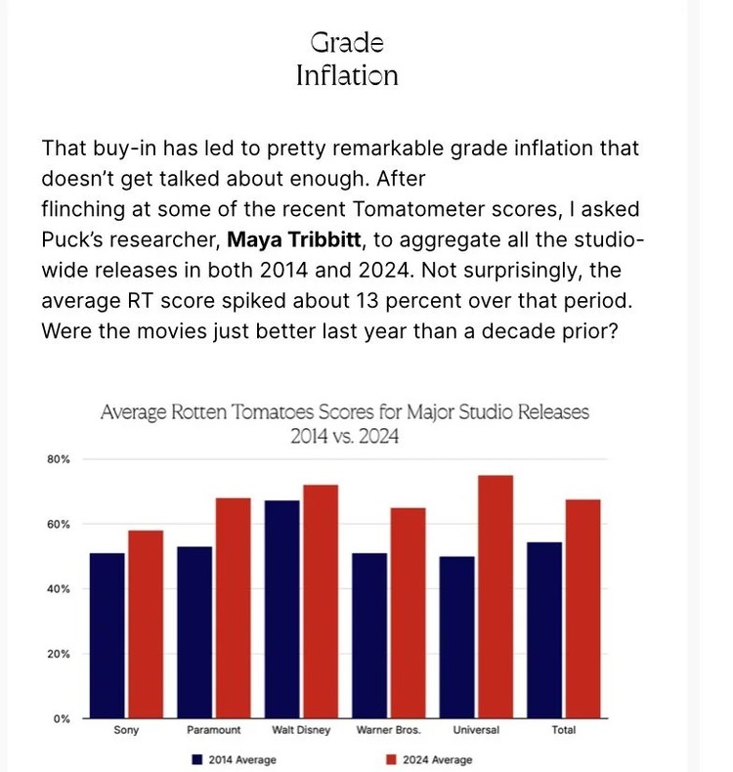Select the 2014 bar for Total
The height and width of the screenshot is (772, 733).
click(x=544, y=630)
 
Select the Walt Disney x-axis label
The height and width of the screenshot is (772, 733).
click(x=300, y=731)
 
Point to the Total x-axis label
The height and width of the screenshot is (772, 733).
click(x=563, y=731)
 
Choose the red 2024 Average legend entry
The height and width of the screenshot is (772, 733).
click(x=431, y=759)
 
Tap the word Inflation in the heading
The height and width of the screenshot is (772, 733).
click(x=347, y=75)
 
